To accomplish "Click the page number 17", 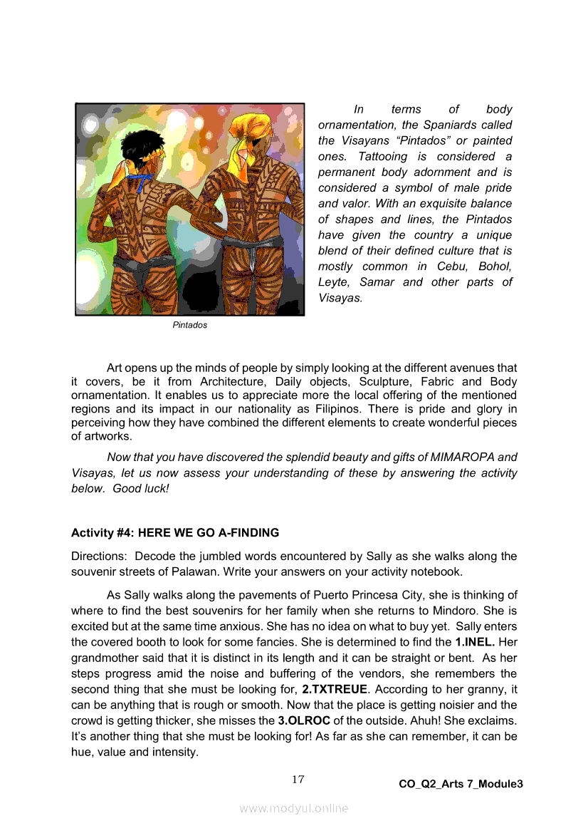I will pyautogui.click(x=298, y=779).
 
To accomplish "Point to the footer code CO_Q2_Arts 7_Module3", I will pyautogui.click(x=461, y=784).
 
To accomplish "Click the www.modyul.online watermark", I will pyautogui.click(x=294, y=808).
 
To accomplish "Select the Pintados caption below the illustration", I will pyautogui.click(x=190, y=325).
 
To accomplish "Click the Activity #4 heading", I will pyautogui.click(x=175, y=532).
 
